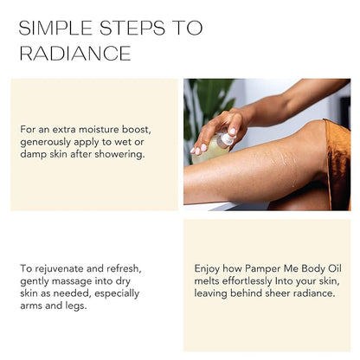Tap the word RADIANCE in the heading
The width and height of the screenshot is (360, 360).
75,54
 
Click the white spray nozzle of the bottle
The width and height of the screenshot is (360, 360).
227,138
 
